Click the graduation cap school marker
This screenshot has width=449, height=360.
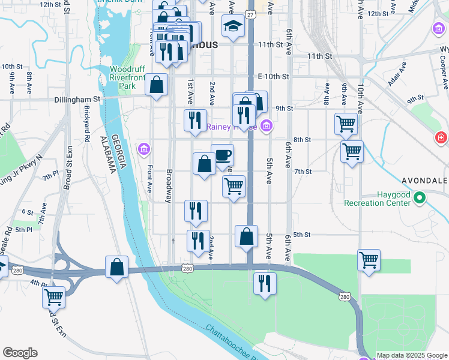pos(234,26)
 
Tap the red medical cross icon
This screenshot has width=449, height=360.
pos(442,139)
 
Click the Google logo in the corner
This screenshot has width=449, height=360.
pos(20,352)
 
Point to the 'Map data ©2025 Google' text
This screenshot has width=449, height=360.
pos(412,355)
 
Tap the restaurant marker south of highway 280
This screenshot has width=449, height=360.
pos(264,283)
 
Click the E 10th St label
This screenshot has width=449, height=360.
pos(274,77)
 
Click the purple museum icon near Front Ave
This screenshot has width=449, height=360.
pos(144,149)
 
